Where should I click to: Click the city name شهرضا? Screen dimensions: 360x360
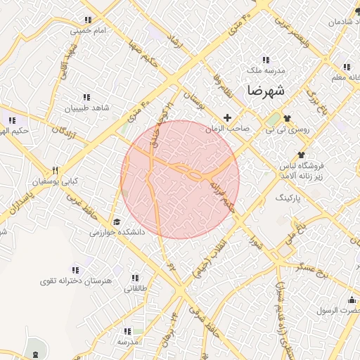(266, 91)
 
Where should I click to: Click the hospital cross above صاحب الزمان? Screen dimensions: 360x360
(226, 117)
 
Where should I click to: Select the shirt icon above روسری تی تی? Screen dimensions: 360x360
(287, 118)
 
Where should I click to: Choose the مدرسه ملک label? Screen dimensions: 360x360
(264, 71)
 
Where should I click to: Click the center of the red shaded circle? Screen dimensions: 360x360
(180, 179)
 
